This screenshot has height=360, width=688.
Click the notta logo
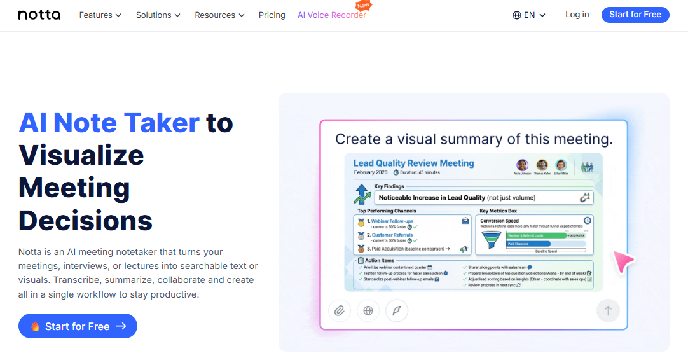(x=39, y=15)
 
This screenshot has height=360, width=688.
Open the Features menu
(x=100, y=15)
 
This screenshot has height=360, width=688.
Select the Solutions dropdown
(x=158, y=15)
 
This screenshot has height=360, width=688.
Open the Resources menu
(x=219, y=15)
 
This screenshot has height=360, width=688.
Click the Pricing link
(x=272, y=15)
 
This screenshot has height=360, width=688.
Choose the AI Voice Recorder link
(x=331, y=15)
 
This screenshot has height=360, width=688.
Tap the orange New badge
(x=363, y=5)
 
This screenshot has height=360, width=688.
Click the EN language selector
(x=529, y=15)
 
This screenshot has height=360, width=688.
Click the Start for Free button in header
(x=635, y=15)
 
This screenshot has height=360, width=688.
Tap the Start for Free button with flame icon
(x=78, y=326)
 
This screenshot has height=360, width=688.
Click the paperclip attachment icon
(x=340, y=310)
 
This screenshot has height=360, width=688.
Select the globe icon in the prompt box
(x=368, y=310)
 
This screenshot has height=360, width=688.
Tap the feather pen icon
(x=397, y=310)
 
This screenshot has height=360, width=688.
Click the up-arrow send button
(x=607, y=310)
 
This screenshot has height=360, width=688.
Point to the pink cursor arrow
(x=623, y=261)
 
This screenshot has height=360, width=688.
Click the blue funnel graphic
(x=491, y=239)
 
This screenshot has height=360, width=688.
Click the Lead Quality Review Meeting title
(x=414, y=163)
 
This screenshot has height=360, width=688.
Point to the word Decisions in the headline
(x=85, y=221)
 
